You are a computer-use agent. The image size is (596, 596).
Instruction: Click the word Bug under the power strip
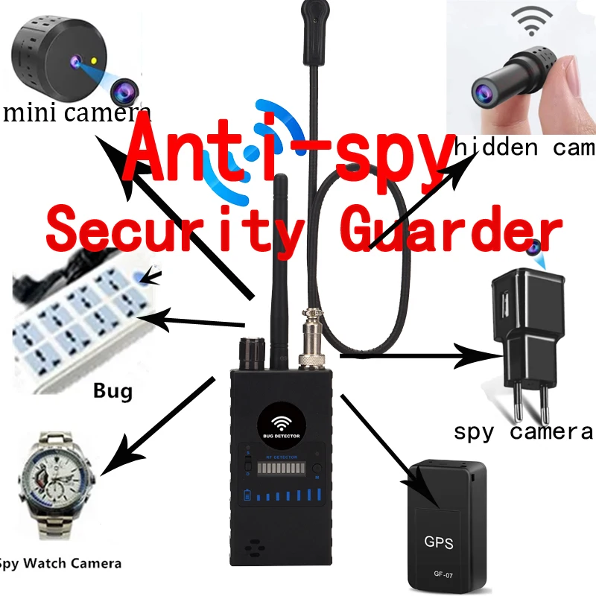tap(113, 390)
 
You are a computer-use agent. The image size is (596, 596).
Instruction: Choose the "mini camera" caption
tap(76, 113)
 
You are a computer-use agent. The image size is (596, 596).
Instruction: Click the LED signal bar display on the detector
tap(282, 471)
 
